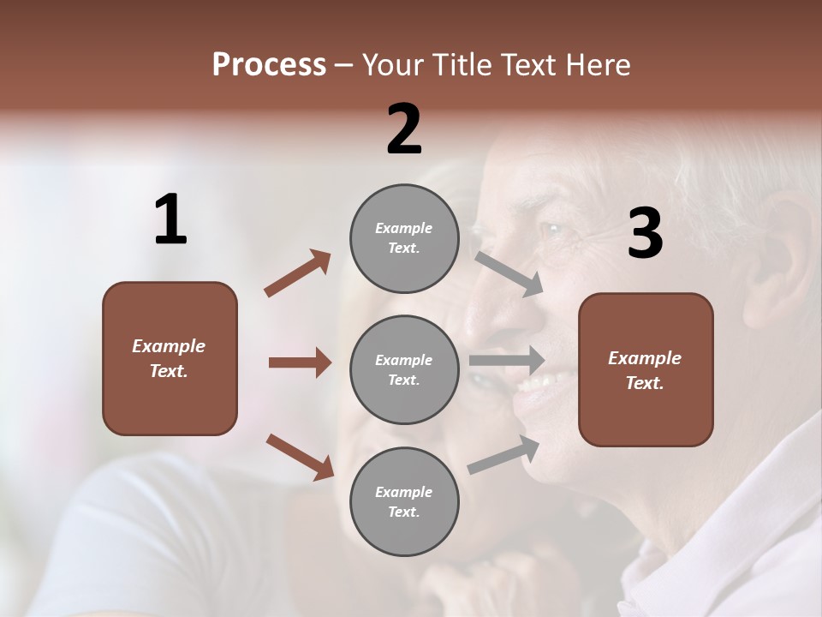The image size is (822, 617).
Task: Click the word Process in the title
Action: tap(269, 65)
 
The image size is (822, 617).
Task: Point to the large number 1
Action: tap(170, 220)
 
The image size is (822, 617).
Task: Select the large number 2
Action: tap(404, 129)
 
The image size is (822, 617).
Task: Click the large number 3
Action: tap(645, 233)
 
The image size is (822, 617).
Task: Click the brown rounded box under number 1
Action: tap(170, 358)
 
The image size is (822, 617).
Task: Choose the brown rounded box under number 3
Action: tap(646, 369)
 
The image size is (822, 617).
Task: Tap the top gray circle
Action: tap(404, 237)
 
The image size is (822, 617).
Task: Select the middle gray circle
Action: tap(404, 369)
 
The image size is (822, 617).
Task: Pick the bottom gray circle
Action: tap(404, 501)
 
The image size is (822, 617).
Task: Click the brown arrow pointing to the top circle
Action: tap(297, 273)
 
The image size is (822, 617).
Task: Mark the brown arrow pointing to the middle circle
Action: tap(300, 362)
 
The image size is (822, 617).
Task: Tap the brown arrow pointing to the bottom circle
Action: tap(300, 456)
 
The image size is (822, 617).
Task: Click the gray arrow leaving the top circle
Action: tap(509, 273)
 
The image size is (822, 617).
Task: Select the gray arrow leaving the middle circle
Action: tap(507, 360)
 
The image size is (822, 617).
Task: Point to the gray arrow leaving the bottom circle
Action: tap(503, 454)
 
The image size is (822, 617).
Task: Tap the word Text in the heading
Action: tap(525, 65)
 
